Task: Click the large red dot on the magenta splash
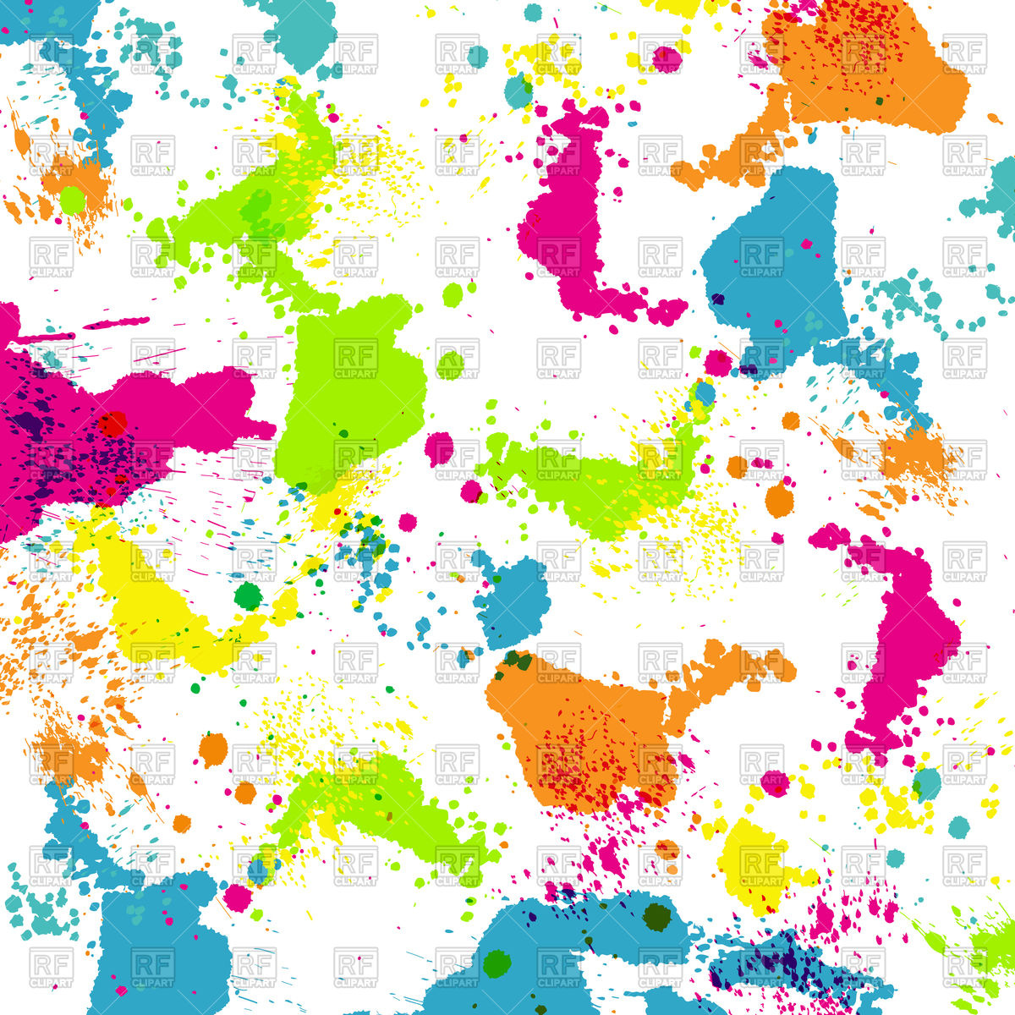click(111, 423)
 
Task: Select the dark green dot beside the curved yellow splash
click(248, 596)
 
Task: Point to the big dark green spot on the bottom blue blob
click(656, 917)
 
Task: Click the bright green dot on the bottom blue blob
click(497, 962)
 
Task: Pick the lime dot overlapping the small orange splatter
click(72, 200)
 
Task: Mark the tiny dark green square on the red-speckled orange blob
click(880, 101)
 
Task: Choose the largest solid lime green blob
click(351, 389)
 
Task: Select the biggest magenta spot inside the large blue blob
click(807, 244)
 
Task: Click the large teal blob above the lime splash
click(300, 34)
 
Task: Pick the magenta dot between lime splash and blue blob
click(718, 363)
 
